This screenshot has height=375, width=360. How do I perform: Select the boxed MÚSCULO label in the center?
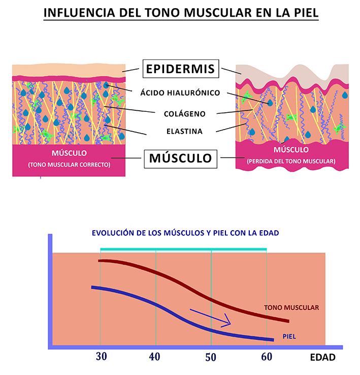(180, 158)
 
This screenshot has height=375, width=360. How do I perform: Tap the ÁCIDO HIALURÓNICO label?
(180, 93)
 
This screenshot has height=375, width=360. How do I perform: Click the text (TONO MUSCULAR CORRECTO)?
(70, 165)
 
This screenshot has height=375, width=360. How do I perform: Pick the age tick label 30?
(101, 356)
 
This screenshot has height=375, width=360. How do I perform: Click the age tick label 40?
(155, 356)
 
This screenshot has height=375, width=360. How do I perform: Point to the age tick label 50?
(210, 356)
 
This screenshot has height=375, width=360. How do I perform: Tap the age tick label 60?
(267, 356)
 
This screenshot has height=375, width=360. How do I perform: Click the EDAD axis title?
(322, 357)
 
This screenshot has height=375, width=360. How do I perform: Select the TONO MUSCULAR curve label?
(291, 307)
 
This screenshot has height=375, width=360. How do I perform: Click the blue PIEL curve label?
(289, 336)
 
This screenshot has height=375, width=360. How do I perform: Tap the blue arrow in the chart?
(210, 317)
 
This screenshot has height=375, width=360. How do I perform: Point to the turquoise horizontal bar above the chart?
(183, 249)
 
